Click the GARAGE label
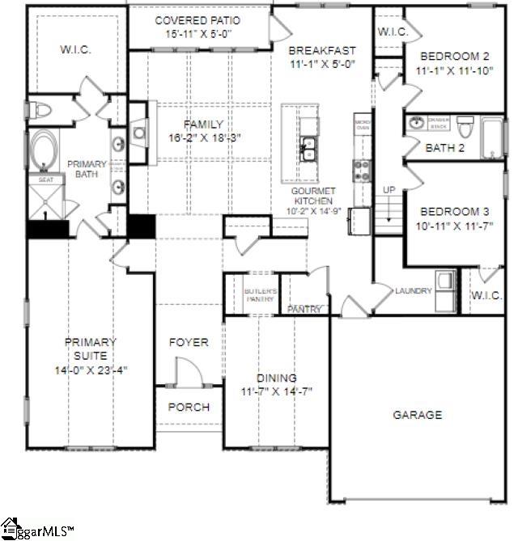pos(418,415)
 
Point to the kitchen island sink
pos(308,147)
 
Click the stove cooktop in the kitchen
pos(361,170)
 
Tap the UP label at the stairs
pos(389,189)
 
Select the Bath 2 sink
pos(417,124)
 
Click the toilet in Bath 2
pos(465,127)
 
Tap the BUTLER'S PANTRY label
pos(261,294)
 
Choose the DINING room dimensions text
pos(277,391)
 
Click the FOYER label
pos(188,342)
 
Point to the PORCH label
pos(188,407)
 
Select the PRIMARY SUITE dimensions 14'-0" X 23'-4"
pos(91,370)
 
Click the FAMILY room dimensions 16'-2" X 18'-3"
pos(202,138)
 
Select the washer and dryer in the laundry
pos(444,290)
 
